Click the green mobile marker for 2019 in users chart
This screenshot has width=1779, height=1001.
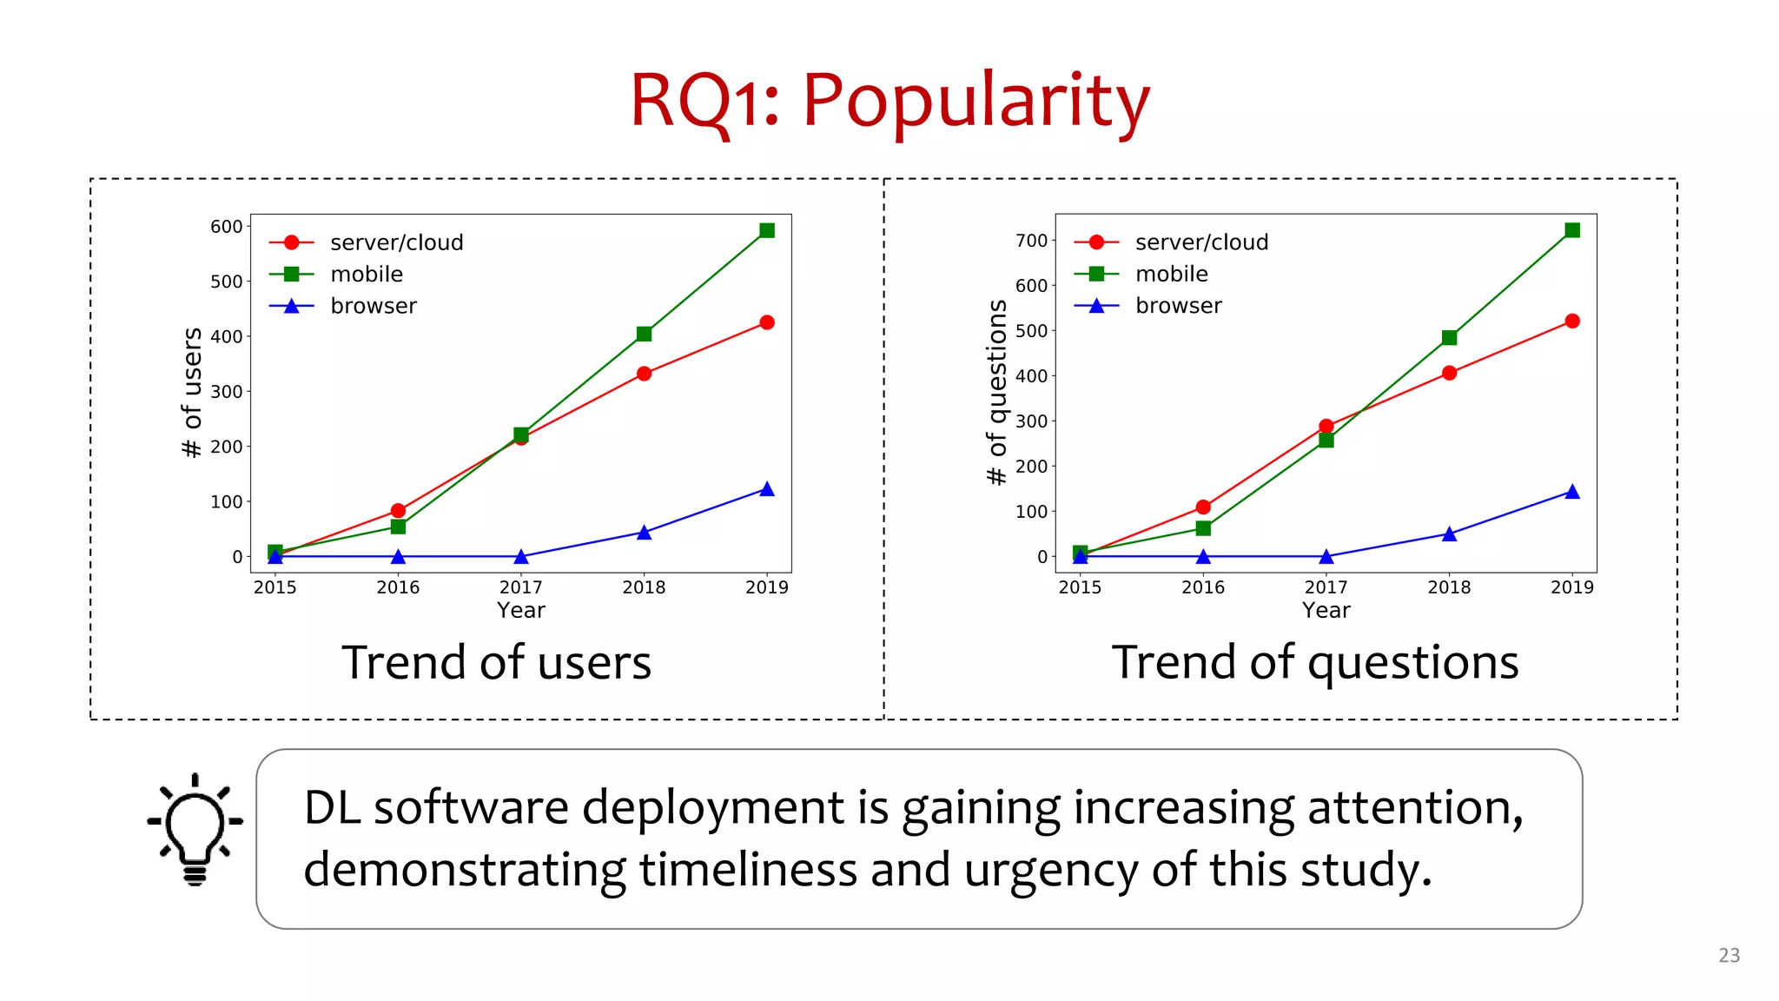point(767,230)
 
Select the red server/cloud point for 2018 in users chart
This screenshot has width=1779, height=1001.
point(644,374)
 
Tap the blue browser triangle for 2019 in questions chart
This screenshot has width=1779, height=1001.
point(1572,492)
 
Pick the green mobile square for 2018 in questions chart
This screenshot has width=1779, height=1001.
point(1449,337)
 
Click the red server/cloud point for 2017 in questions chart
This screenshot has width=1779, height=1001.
point(1326,426)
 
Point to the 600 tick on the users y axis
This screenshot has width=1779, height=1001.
point(226,227)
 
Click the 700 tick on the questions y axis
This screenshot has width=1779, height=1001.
point(1031,241)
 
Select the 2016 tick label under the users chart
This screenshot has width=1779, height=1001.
point(398,587)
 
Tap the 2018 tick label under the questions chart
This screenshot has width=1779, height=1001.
point(1449,587)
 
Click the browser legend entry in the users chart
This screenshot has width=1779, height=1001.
point(373,306)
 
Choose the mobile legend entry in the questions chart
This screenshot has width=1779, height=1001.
point(1171,275)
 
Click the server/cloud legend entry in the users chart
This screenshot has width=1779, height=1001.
point(396,242)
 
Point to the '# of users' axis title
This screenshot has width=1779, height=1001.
point(192,392)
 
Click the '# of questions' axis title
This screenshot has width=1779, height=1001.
point(997,392)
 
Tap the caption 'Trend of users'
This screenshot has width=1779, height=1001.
point(496,663)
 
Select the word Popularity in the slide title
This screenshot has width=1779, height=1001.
point(975,101)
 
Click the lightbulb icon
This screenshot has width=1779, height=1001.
point(195,829)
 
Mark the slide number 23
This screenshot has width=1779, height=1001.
point(1729,955)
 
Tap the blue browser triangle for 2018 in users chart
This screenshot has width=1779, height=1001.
point(644,533)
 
